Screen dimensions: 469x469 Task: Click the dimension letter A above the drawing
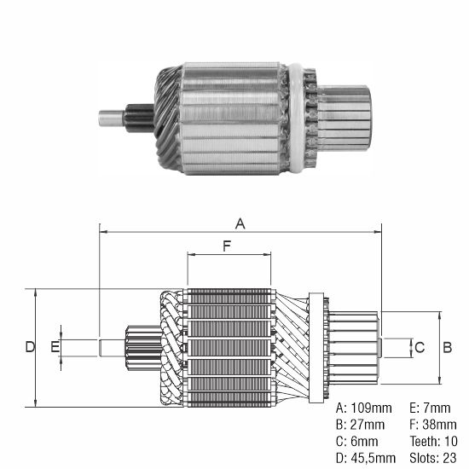240,223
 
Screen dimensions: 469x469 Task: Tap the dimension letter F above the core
227,246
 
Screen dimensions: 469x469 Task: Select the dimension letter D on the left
29,347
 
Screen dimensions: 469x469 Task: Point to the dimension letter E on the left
55,347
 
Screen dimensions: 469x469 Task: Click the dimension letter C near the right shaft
419,347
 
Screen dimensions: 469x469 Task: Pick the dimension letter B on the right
445,347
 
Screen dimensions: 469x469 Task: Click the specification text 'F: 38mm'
431,424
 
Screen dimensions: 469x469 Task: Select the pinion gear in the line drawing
139,348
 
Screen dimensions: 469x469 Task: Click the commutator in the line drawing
354,347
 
